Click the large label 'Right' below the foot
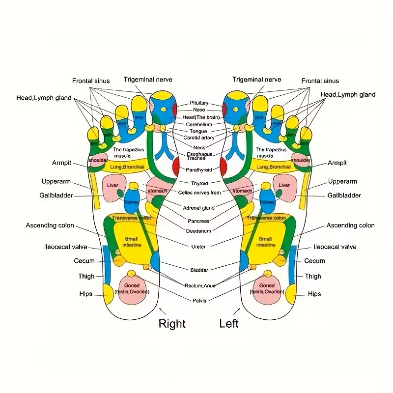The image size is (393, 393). [172, 323]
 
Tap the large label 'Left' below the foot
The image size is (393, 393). [229, 323]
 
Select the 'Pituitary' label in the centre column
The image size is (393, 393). [199, 103]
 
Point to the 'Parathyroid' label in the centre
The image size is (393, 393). [199, 170]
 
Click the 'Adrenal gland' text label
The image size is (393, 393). [198, 208]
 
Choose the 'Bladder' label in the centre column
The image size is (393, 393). [199, 270]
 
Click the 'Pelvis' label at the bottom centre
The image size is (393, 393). [199, 300]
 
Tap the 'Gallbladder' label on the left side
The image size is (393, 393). [56, 196]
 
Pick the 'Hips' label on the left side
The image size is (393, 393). [86, 294]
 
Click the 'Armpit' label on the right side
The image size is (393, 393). [337, 163]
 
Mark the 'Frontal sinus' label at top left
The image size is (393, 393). [91, 81]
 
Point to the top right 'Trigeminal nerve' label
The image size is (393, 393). [257, 80]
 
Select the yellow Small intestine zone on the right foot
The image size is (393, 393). [132, 241]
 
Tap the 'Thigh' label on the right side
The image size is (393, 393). [313, 276]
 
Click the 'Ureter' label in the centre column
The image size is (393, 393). [199, 246]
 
